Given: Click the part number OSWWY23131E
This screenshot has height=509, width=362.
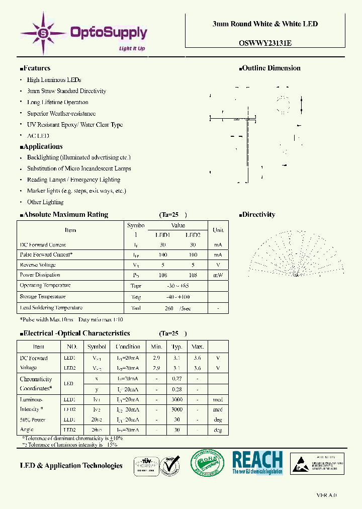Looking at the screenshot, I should tap(265, 43).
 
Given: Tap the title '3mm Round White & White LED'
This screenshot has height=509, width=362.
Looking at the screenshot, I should tap(265, 24).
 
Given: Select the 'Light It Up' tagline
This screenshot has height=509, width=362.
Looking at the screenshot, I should tap(132, 49).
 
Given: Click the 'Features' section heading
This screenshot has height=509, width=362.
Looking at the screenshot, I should tap(35, 68).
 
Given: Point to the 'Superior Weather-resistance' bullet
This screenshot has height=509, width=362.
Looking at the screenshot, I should tap(61, 114).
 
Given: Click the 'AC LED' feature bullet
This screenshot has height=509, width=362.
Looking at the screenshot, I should tap(38, 136).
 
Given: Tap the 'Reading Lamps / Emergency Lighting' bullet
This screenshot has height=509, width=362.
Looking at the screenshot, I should tap(73, 180).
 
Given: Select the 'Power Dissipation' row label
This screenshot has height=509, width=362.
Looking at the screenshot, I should tap(40, 275).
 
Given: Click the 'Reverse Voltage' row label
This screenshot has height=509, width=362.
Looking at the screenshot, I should tap(38, 265).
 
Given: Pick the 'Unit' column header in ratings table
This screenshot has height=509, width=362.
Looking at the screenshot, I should tap(218, 230).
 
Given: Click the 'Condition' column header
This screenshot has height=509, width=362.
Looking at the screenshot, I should tap(128, 347).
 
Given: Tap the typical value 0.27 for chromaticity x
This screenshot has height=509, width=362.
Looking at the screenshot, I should tap(176, 379).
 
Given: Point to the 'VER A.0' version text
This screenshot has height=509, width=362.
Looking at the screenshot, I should tap(326, 495).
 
